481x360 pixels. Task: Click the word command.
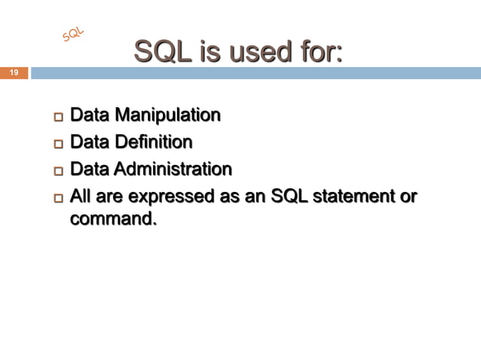[x=113, y=220]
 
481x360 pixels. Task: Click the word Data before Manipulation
[x=87, y=116]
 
